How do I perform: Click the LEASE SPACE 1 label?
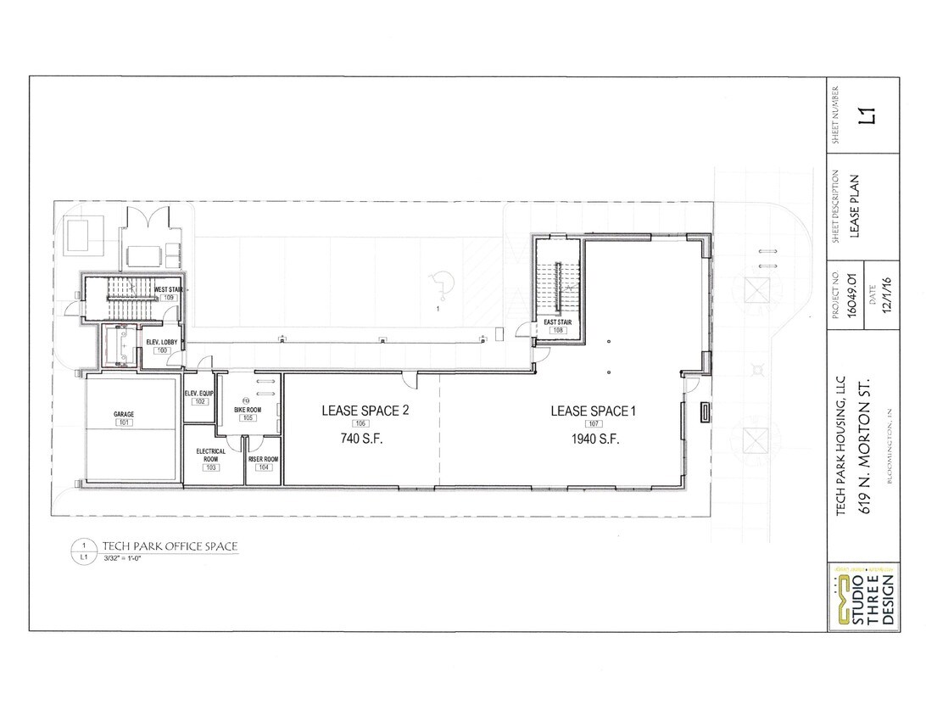click(593, 411)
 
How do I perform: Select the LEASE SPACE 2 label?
click(365, 411)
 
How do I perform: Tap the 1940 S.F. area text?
click(594, 439)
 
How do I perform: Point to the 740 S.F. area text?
click(361, 439)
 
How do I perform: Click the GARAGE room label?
click(124, 414)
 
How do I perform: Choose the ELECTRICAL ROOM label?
click(210, 455)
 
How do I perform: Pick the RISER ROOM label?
click(263, 459)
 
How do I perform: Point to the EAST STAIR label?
click(557, 321)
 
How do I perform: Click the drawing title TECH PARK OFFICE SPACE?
click(170, 545)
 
